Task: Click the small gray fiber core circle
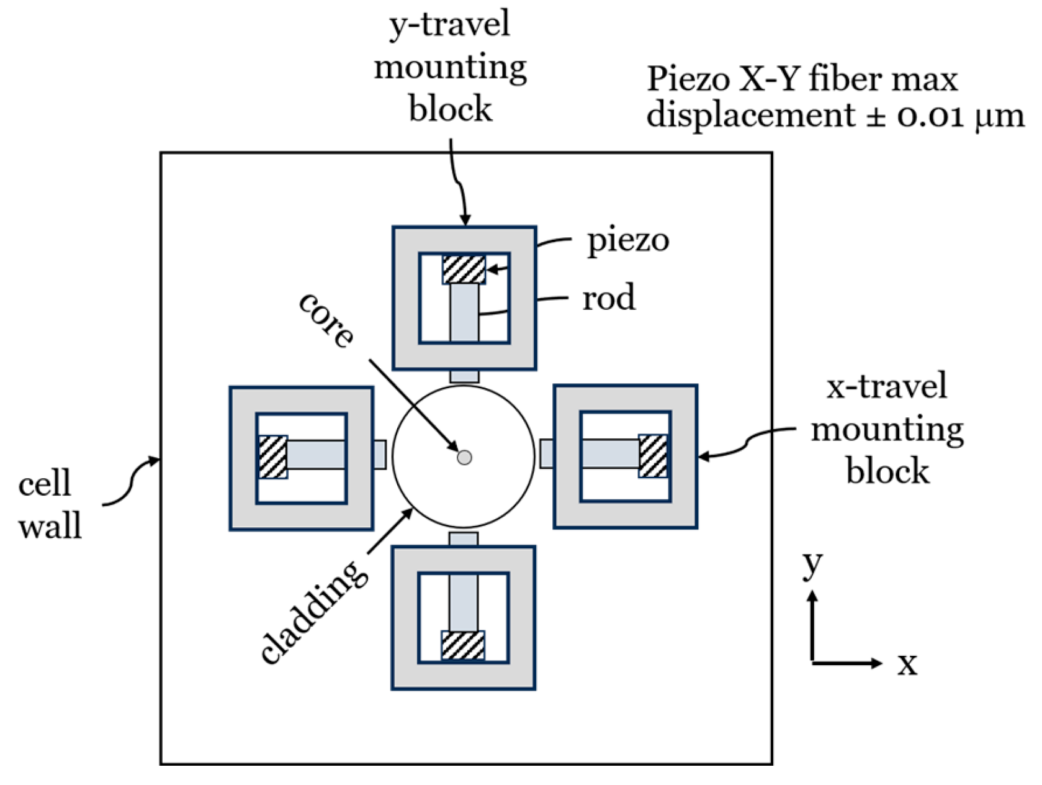click(464, 458)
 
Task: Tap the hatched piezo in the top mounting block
click(464, 270)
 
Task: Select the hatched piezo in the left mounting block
click(272, 456)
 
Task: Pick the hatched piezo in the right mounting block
click(653, 456)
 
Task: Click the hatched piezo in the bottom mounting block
click(463, 645)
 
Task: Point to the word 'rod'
click(609, 297)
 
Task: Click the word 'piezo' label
click(628, 240)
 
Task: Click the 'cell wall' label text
click(49, 505)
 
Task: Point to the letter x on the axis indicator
click(907, 664)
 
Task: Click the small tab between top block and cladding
click(464, 376)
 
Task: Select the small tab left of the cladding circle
click(380, 454)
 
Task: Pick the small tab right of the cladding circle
click(547, 453)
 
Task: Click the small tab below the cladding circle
click(464, 538)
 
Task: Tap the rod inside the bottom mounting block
click(464, 602)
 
